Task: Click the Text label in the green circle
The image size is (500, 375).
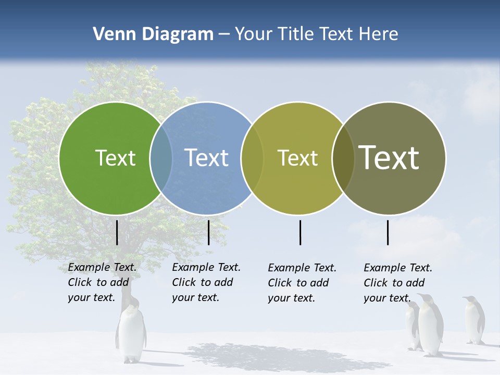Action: pyautogui.click(x=115, y=158)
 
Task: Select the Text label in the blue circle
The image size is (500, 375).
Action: pyautogui.click(x=207, y=158)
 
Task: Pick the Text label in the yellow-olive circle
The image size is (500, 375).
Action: pyautogui.click(x=297, y=158)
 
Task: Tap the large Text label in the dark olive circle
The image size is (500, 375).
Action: pyautogui.click(x=389, y=158)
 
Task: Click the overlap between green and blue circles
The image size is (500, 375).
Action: pyautogui.click(x=161, y=158)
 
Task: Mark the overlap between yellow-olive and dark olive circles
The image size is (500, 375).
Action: pyautogui.click(x=343, y=158)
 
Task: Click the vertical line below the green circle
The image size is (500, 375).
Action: pyautogui.click(x=117, y=232)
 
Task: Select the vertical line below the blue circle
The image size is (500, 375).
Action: pyautogui.click(x=208, y=232)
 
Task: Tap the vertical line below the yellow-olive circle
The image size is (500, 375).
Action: pyautogui.click(x=301, y=232)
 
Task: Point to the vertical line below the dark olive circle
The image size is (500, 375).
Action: pyautogui.click(x=388, y=232)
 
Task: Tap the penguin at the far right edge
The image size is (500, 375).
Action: pyautogui.click(x=473, y=320)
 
